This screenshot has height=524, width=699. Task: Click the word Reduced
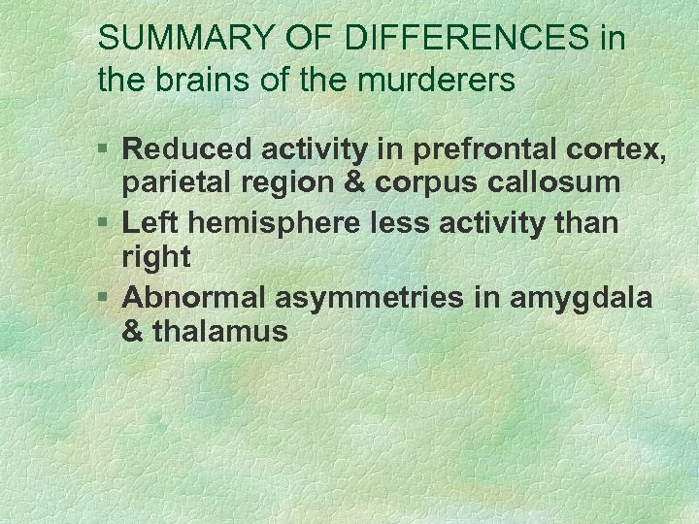[184, 149]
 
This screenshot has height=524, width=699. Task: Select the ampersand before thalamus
[133, 332]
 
